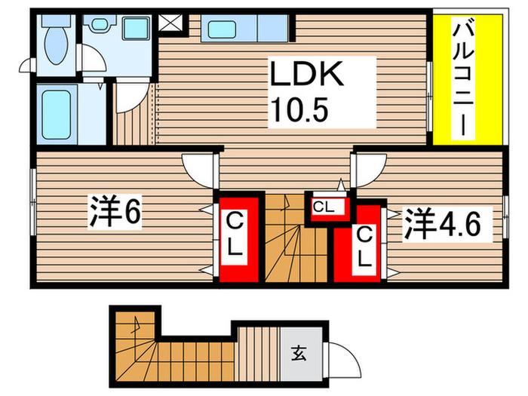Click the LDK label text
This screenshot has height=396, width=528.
point(308,76)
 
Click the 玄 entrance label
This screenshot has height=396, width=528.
point(299,351)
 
